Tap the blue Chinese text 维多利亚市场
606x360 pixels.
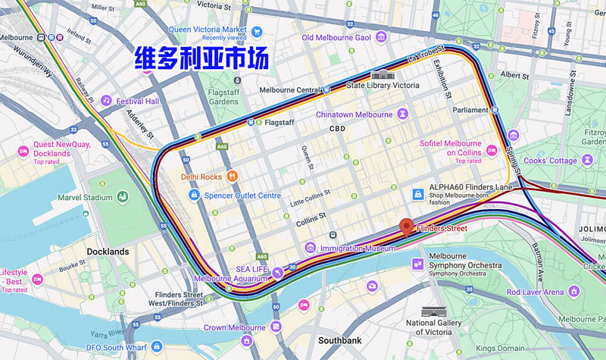click(x=201, y=58)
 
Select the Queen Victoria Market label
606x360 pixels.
click(x=208, y=30)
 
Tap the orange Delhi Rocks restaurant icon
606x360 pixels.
click(x=233, y=177)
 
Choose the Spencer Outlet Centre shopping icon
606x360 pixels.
click(x=194, y=196)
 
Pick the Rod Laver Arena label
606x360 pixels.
click(x=535, y=292)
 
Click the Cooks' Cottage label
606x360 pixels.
click(x=551, y=161)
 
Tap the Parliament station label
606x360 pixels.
click(x=471, y=110)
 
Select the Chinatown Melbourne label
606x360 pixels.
click(x=355, y=114)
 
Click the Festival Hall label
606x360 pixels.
click(x=137, y=101)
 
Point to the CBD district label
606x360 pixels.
click(x=337, y=129)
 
